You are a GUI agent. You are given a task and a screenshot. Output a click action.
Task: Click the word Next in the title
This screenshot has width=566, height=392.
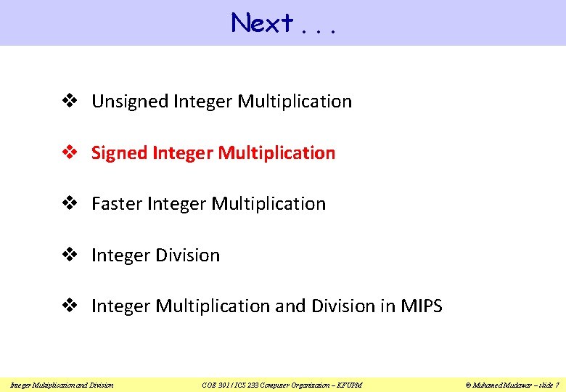[x=262, y=23]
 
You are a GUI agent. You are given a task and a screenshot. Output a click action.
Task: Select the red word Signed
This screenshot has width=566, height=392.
[x=120, y=153]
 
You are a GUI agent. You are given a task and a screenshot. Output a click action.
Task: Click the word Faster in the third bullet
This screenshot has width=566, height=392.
[x=117, y=204]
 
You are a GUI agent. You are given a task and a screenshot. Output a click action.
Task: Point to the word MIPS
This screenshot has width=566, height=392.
[x=421, y=306]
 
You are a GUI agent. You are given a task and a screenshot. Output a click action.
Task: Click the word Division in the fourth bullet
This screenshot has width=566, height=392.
[x=186, y=256]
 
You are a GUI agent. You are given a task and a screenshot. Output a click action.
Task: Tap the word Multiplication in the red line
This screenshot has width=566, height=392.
[x=276, y=153]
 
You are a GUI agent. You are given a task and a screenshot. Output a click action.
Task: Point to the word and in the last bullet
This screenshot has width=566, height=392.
[x=291, y=306]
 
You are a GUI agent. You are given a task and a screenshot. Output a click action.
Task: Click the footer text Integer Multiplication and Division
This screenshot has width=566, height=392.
[x=62, y=384]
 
